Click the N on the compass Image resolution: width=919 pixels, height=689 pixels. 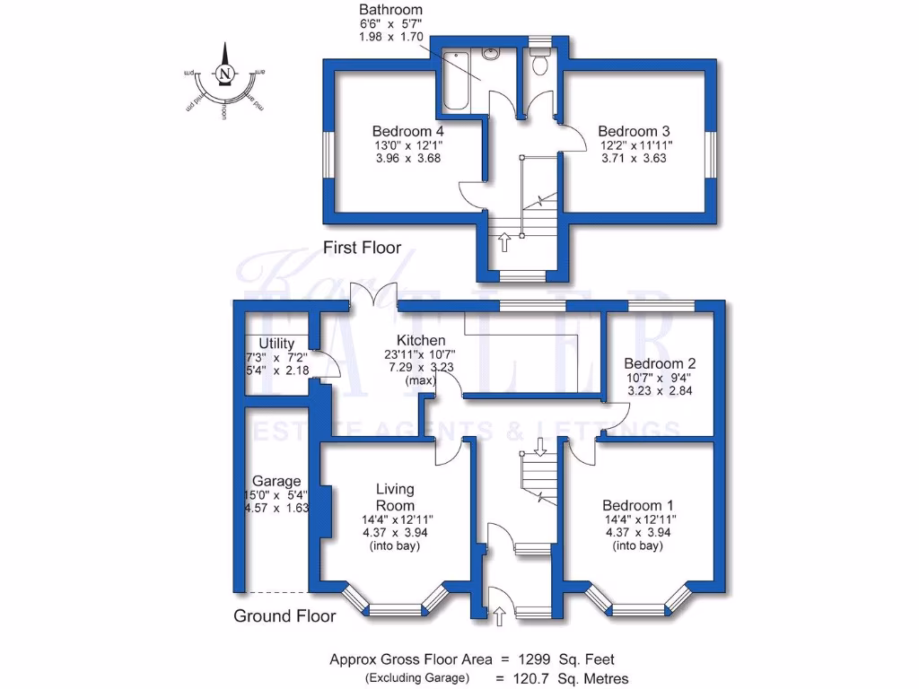click(x=226, y=73)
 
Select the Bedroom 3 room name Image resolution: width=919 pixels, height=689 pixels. click(x=635, y=131)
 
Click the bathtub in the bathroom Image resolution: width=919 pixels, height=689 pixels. click(x=456, y=82)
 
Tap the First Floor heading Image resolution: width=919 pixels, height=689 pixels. click(x=363, y=248)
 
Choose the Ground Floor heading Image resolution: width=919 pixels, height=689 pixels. click(x=284, y=615)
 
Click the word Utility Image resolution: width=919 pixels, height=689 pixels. click(x=276, y=344)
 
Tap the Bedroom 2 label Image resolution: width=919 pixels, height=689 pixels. click(x=661, y=363)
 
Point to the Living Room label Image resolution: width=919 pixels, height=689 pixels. click(x=395, y=497)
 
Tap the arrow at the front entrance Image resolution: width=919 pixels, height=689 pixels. click(x=499, y=615)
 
